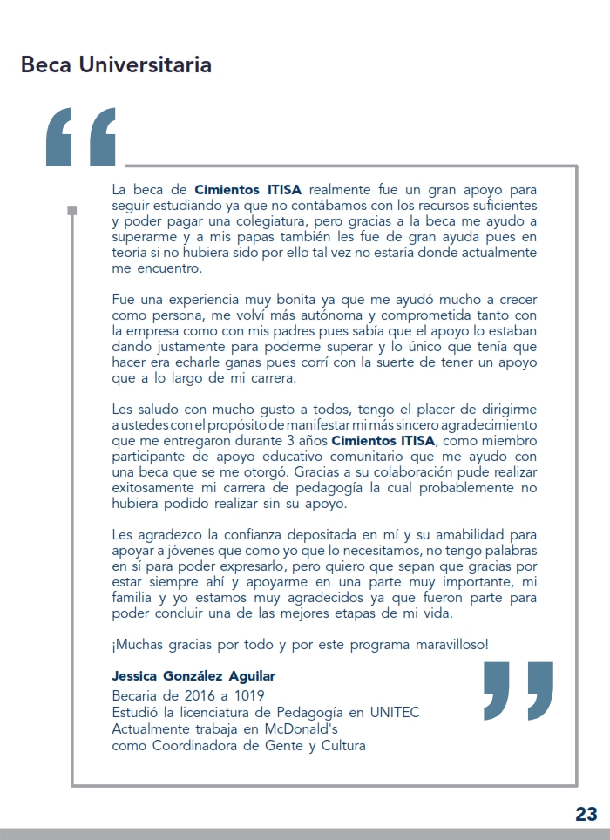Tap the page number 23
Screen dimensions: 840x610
tap(586, 814)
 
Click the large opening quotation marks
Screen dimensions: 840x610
tap(81, 137)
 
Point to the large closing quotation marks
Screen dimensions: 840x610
tap(518, 690)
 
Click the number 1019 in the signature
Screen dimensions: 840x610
tap(247, 695)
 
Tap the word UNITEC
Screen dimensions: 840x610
tap(395, 713)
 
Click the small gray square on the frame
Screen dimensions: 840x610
tap(72, 210)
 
